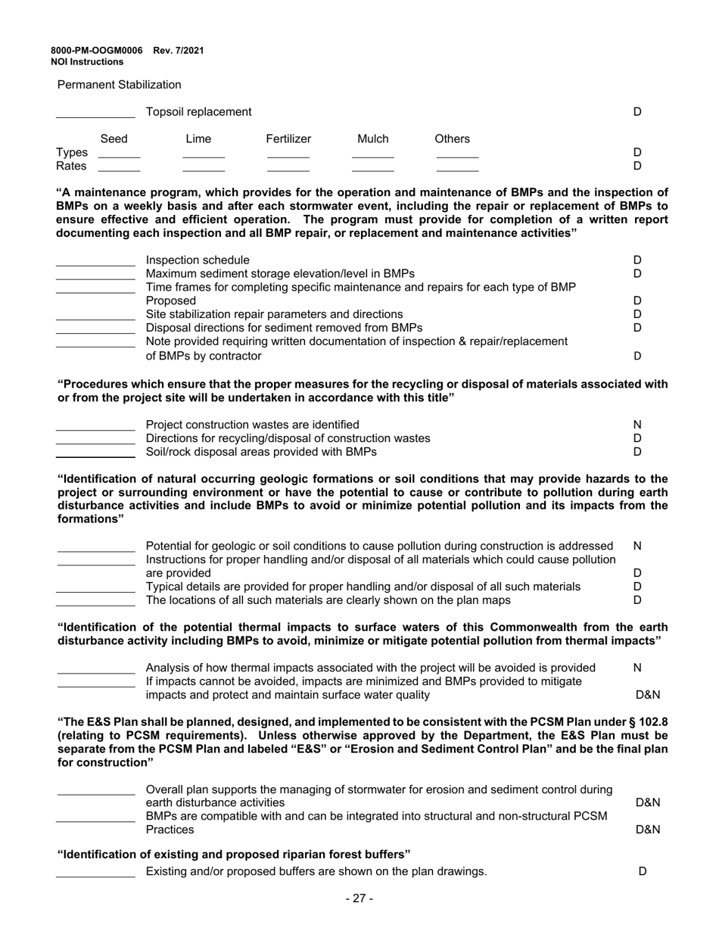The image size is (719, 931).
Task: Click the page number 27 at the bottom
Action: click(359, 898)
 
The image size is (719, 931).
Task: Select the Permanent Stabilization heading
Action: click(120, 85)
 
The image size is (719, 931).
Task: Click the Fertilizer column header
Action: click(288, 139)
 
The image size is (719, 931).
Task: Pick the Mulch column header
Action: click(372, 139)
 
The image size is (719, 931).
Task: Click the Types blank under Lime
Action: click(204, 155)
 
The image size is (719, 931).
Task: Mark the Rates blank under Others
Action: click(457, 170)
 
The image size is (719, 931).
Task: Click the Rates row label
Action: click(72, 166)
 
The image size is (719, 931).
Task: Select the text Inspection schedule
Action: click(197, 260)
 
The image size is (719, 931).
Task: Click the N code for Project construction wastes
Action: click(637, 425)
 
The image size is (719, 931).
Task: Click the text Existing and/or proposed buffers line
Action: click(316, 871)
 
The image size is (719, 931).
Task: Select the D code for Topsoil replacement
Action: click(637, 112)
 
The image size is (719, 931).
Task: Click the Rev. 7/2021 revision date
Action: click(179, 51)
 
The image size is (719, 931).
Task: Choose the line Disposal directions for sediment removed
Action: click(284, 328)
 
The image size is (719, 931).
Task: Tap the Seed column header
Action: click(114, 139)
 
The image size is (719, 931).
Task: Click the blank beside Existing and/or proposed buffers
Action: click(95, 875)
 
